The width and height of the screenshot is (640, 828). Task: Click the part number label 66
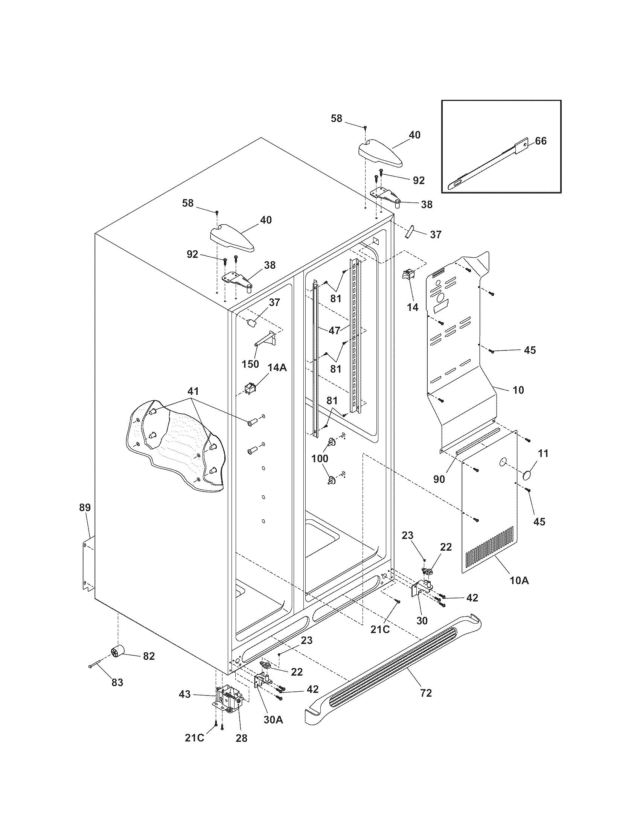[x=541, y=141]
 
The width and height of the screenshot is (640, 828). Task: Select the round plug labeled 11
[x=527, y=475]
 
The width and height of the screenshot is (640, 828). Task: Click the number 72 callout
[x=426, y=693]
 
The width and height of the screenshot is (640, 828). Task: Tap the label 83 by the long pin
[x=117, y=682]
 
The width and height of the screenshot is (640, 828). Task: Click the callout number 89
[x=85, y=507]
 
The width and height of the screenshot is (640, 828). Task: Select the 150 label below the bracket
[x=250, y=364]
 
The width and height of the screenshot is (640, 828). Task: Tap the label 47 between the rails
[x=334, y=330]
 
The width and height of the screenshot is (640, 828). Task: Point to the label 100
[x=320, y=459]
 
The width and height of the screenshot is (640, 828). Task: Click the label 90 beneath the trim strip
[x=439, y=479]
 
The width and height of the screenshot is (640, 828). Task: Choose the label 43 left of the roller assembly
[x=184, y=694]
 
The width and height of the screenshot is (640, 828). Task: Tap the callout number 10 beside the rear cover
[x=518, y=390]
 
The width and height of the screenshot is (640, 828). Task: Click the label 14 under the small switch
[x=413, y=307]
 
